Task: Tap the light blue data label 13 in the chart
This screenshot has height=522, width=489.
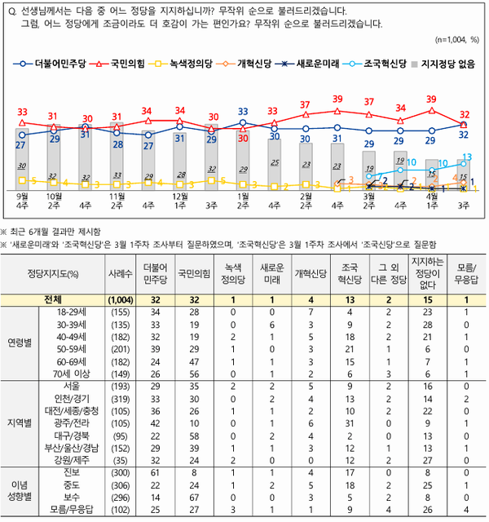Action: pos(467,157)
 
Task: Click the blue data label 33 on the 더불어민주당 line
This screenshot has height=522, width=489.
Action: pos(243,112)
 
